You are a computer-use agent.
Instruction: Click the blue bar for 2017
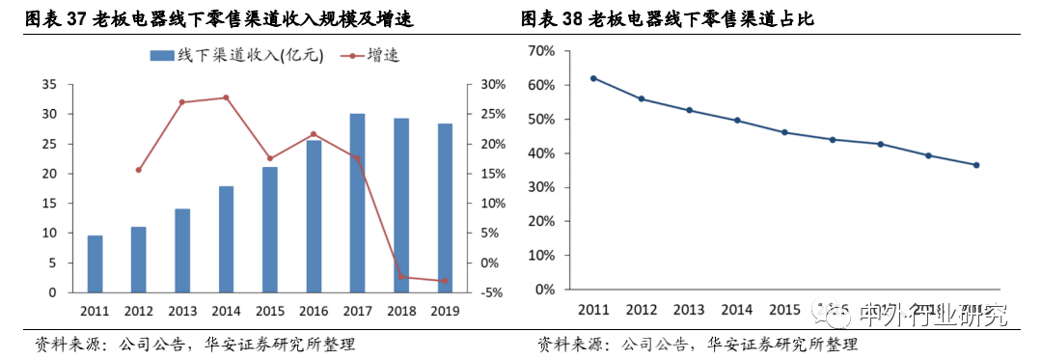point(357,203)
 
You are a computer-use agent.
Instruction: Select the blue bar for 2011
point(95,263)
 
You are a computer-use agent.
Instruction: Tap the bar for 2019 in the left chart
point(444,208)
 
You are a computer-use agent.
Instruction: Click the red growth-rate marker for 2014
point(226,97)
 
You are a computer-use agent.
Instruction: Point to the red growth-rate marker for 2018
point(400,277)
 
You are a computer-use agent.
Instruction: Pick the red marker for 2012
point(139,170)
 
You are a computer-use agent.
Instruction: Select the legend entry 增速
point(371,55)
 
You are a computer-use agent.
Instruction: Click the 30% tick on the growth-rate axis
point(492,85)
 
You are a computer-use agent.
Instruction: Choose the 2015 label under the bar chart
point(269,311)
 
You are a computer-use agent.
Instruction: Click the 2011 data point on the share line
point(593,78)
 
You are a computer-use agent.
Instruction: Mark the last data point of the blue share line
point(976,165)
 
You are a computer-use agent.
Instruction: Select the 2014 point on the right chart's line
point(737,121)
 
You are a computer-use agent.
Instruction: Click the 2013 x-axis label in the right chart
point(689,310)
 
